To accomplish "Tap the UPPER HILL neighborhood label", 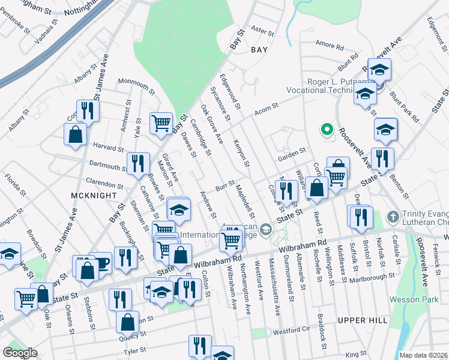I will click(362, 321).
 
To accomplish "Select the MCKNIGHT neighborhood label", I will click(89, 196).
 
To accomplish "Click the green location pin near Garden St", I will click(327, 130).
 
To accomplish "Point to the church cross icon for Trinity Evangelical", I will click(393, 217).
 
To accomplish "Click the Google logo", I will click(20, 353).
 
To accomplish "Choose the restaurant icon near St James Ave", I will click(88, 110).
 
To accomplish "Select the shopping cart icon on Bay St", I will click(161, 124).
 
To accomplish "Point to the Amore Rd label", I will click(329, 46).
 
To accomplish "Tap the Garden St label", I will click(292, 151).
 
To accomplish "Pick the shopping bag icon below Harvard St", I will click(76, 136).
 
